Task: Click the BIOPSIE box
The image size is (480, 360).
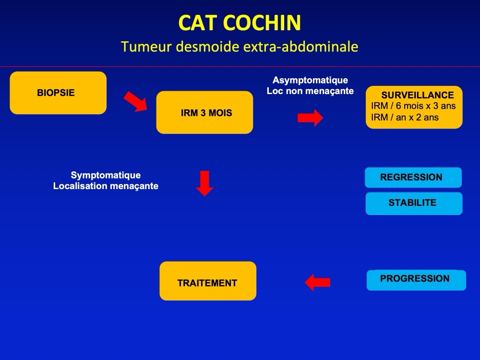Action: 58,93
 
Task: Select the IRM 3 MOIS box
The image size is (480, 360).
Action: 204,112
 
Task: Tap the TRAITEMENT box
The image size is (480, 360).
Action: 208,281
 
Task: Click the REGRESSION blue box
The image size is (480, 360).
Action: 413,178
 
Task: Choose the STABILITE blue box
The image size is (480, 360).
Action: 414,204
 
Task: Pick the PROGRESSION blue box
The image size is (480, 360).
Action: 416,280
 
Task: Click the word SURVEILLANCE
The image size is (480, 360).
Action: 418,95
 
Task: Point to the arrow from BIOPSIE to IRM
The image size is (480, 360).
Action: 135,101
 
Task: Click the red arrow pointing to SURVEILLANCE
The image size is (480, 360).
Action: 310,118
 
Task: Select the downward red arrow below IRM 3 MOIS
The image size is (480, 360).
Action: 204,183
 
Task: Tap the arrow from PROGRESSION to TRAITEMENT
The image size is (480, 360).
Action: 317,282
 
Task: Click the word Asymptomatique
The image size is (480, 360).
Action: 310,80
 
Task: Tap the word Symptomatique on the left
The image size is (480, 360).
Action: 106,175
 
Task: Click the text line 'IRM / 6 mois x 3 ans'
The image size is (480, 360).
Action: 413,106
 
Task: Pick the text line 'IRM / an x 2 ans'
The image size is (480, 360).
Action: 405,117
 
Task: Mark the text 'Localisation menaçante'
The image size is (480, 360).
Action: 106,186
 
